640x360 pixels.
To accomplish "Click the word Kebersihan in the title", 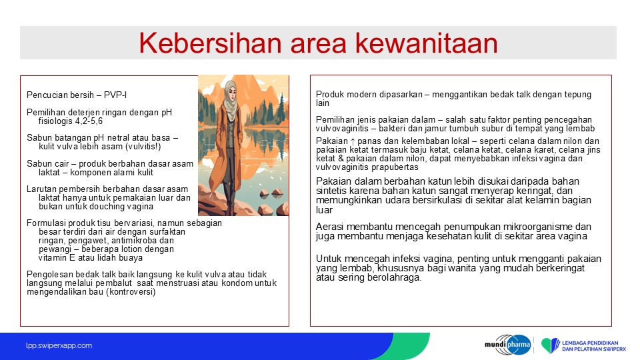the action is click(x=210, y=43).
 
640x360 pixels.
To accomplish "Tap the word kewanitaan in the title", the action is click(x=427, y=43).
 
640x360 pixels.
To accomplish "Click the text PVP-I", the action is click(x=115, y=95).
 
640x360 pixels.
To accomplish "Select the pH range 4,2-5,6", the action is click(x=89, y=121).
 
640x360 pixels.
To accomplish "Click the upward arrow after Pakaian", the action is click(x=353, y=141).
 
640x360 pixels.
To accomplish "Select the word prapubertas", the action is click(x=395, y=167).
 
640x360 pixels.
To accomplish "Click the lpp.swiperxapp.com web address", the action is click(x=59, y=346).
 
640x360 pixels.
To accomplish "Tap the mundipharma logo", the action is click(x=508, y=345).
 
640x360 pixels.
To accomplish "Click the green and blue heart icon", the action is click(x=551, y=345).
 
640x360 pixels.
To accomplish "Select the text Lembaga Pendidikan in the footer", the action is click(x=590, y=343).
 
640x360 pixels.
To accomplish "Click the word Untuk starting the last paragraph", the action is click(x=329, y=259).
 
